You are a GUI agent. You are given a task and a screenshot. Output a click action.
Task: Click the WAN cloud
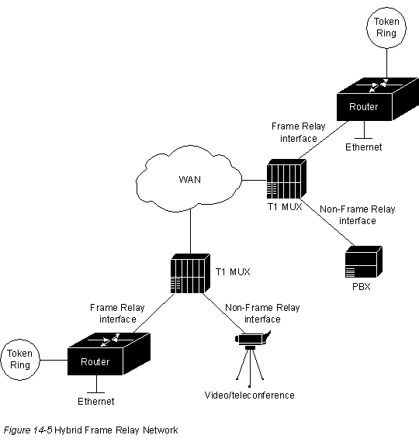(189, 178)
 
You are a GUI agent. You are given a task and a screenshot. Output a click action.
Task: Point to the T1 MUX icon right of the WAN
(286, 179)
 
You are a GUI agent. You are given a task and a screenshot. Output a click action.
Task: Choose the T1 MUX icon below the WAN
(190, 274)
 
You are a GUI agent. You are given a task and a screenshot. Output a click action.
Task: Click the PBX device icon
(364, 261)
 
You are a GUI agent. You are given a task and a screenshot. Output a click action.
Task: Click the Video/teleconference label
(249, 395)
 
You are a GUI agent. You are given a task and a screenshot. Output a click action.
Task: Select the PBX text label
(361, 287)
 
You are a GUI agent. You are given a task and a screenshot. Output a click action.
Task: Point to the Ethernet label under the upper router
(364, 147)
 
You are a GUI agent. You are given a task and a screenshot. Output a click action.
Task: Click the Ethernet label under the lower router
(96, 401)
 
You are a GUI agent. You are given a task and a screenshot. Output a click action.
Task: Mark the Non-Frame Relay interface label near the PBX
(358, 215)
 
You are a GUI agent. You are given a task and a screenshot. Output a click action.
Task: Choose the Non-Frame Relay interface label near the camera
(262, 313)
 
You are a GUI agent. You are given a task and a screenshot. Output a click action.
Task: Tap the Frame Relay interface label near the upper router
(299, 132)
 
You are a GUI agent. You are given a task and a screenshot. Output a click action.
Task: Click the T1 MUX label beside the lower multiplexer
(233, 271)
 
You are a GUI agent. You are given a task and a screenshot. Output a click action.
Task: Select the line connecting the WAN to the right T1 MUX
(255, 180)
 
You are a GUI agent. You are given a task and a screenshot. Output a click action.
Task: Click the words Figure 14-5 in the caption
(28, 430)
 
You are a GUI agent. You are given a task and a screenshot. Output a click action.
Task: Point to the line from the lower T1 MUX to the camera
(224, 313)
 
